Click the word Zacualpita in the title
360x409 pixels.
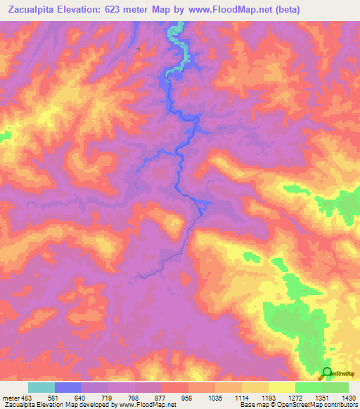[x=32, y=9]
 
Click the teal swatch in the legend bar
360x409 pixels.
[x=41, y=387]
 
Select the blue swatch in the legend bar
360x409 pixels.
[x=68, y=387]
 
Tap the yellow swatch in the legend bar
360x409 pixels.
[x=281, y=387]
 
